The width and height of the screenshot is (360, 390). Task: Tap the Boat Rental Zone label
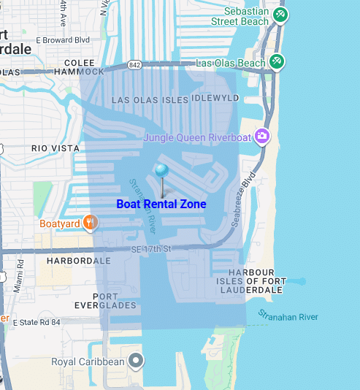[161, 204]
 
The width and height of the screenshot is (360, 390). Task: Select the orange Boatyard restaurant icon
[90, 222]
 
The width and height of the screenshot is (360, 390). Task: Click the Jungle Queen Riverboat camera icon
[261, 137]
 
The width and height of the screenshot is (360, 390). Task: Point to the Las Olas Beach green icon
[276, 62]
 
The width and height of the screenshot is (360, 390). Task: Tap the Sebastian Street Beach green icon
[280, 15]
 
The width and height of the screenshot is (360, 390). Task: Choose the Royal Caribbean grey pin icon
[136, 360]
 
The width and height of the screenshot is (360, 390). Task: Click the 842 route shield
[134, 65]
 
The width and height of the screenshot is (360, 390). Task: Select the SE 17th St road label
[151, 250]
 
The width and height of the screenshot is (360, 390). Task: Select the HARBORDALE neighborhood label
[79, 260]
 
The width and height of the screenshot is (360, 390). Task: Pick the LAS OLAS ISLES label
[149, 99]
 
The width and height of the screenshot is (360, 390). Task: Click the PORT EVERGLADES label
[105, 300]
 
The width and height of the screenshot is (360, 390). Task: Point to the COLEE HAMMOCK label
[79, 67]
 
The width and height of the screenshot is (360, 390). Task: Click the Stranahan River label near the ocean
[288, 316]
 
